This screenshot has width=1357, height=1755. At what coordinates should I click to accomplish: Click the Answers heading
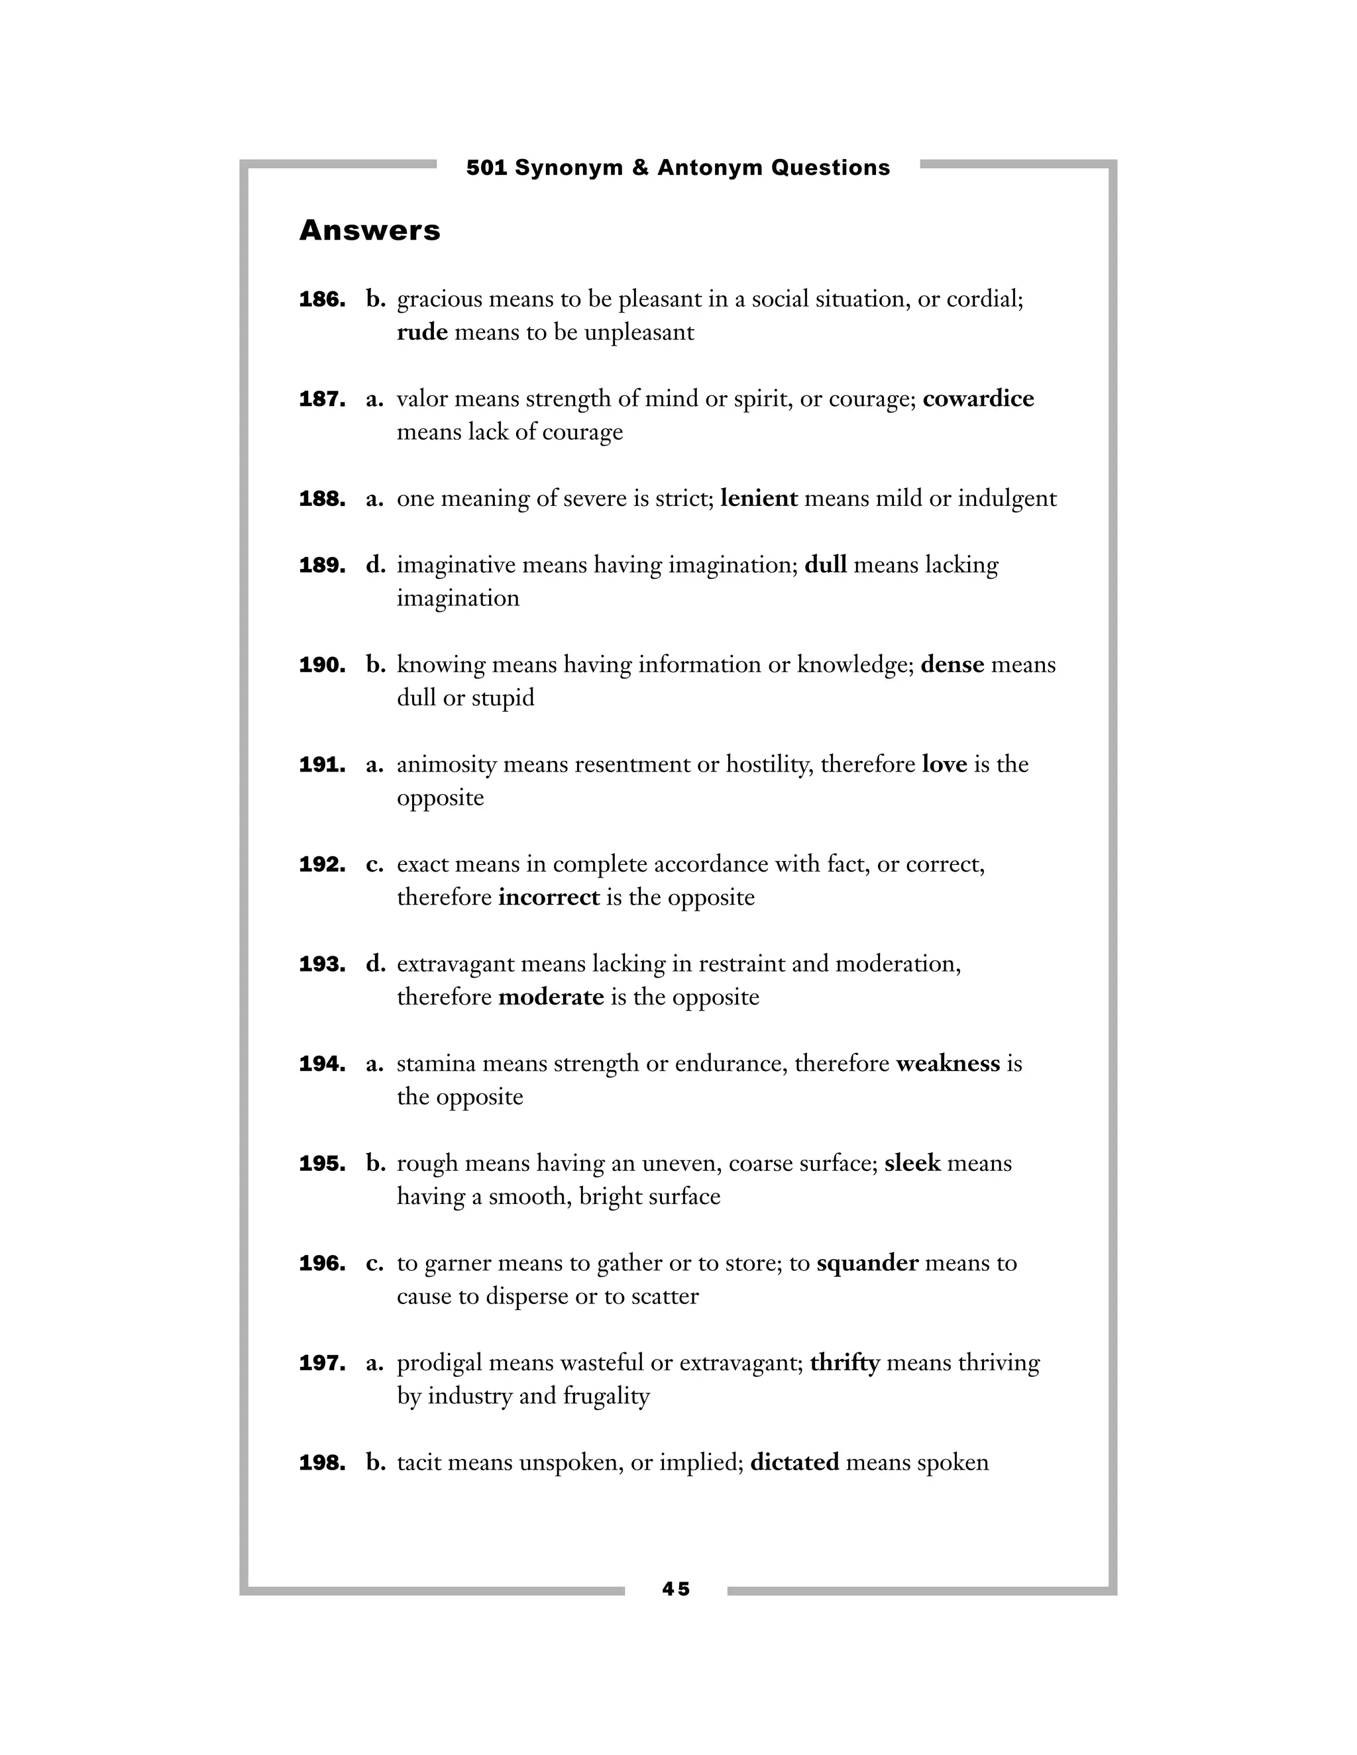coord(370,230)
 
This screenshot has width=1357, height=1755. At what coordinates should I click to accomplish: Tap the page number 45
coord(676,1589)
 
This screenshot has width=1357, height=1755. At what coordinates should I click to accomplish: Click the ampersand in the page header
coord(640,168)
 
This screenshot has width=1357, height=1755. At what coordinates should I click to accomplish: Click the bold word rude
coord(422,332)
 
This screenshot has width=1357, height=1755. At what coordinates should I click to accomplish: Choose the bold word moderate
coord(551,997)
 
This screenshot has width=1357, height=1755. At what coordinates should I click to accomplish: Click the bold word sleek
coord(912,1164)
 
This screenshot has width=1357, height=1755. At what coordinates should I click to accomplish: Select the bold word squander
coord(867,1263)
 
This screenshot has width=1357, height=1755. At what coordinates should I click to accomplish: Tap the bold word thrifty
coord(844,1363)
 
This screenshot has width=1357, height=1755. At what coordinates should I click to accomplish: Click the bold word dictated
coord(794,1462)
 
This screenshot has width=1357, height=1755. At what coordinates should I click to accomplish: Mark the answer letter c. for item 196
coord(374,1263)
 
